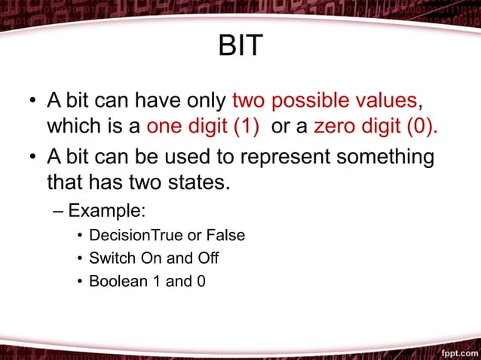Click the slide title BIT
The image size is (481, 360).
pos(240,46)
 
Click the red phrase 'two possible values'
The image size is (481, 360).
pos(324,100)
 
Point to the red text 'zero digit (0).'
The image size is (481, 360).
pos(375,126)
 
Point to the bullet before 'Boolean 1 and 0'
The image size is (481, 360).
pos(79,282)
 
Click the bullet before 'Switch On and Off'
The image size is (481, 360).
pos(79,259)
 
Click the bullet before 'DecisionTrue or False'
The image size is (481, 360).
pos(79,236)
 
